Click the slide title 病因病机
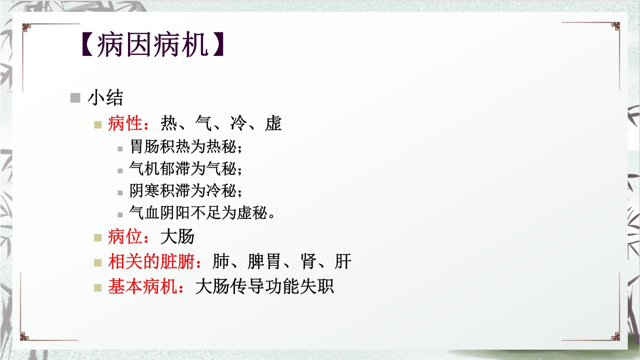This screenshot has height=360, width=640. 152,45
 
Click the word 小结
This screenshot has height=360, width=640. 105,97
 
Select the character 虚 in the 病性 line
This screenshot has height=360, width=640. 273,123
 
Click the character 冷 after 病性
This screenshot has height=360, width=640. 238,123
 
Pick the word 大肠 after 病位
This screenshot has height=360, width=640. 177,236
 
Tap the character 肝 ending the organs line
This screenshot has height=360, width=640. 343,261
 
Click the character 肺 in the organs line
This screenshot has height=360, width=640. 221,261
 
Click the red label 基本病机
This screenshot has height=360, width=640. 142,287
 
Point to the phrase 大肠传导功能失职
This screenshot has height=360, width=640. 264,287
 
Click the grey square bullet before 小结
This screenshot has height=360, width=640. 75,97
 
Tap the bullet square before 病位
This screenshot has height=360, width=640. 98,237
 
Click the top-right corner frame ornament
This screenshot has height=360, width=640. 614,26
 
